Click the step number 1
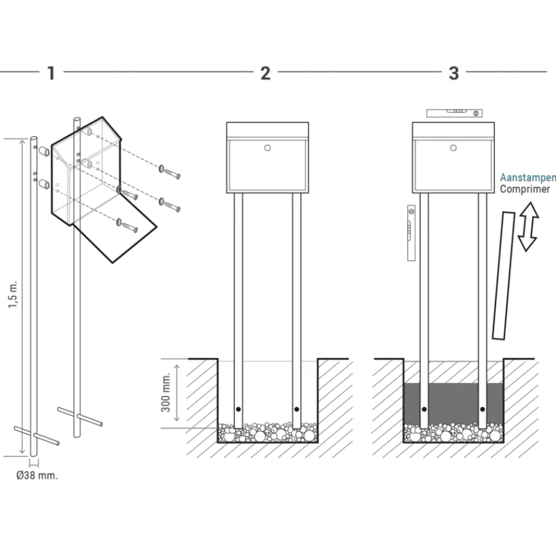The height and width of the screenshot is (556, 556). coord(51,73)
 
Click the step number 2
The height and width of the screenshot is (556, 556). coord(266,74)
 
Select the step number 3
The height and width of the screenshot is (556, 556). coord(453,74)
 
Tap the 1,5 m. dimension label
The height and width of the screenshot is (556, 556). coord(13,295)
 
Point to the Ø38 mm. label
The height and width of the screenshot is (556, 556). coord(37,475)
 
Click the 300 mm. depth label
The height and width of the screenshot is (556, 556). coord(166,392)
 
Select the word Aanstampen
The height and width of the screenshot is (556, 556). coord(528,178)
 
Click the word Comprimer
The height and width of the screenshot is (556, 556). coord(524,189)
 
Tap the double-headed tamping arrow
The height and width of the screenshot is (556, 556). coord(528,227)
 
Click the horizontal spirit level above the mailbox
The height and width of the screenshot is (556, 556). coord(454,113)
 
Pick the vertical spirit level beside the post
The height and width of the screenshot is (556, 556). coord(411,233)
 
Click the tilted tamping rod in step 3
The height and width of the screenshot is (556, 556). coord(504,276)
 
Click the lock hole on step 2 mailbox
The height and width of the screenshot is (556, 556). coord(267,148)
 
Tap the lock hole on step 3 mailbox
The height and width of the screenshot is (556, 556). coord(453,148)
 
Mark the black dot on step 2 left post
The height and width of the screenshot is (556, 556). coord(238,409)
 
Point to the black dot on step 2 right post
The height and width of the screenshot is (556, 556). coord(297,409)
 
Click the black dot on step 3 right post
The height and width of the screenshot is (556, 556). coord(482,409)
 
